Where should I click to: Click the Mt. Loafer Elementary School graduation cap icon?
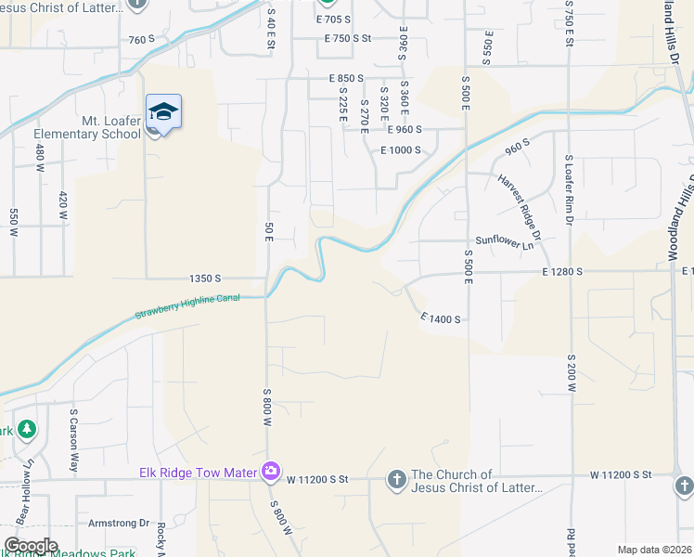click(163, 112)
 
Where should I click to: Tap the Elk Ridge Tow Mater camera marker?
click(270, 473)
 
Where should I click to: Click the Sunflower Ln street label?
click(506, 241)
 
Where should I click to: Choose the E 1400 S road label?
click(440, 318)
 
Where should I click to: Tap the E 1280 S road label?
click(562, 271)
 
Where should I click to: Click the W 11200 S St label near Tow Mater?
click(316, 480)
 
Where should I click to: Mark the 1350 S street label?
click(205, 278)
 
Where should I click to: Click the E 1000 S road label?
click(401, 149)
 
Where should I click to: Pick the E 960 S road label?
click(405, 130)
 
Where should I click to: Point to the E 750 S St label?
click(348, 38)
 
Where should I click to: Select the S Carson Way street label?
click(73, 432)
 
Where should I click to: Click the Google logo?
click(31, 546)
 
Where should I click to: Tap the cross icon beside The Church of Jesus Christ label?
click(396, 480)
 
